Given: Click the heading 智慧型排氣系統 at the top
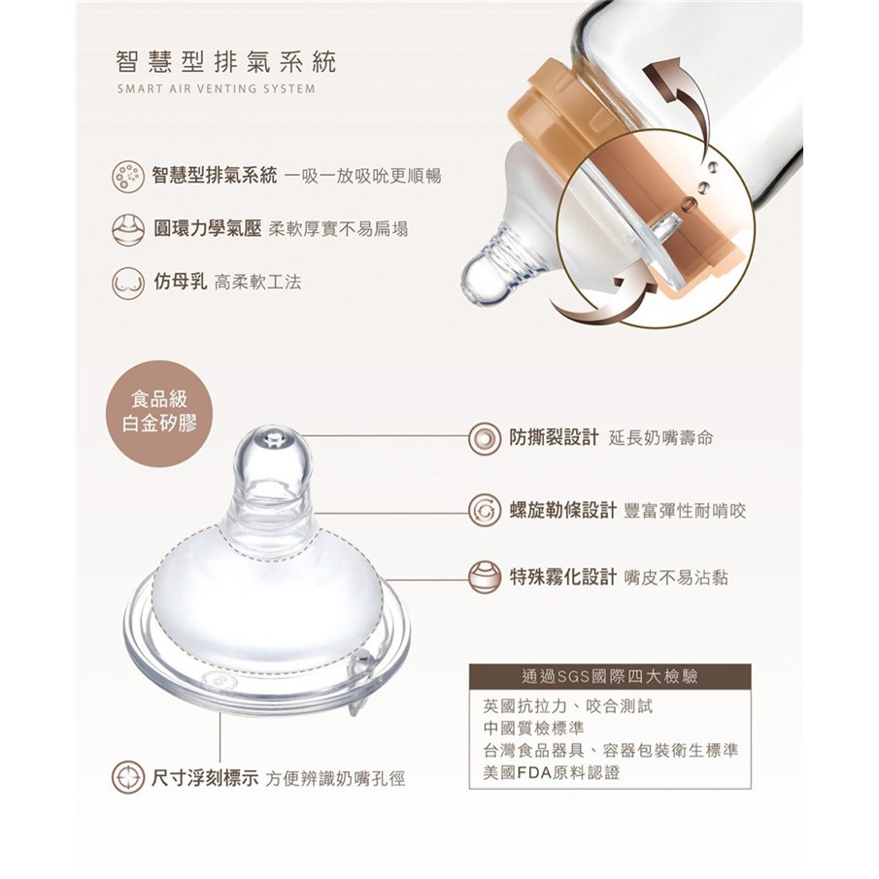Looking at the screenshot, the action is (x=225, y=61).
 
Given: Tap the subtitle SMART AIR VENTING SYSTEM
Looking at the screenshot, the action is (x=217, y=88).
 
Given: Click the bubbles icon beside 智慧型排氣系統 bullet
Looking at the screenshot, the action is (x=128, y=176).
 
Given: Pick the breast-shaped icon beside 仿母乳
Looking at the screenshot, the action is (x=128, y=282).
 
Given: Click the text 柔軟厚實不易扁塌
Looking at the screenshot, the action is (x=338, y=229).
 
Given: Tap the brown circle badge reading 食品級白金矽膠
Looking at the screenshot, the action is (x=159, y=413).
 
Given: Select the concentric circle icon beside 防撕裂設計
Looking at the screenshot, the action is (x=485, y=438).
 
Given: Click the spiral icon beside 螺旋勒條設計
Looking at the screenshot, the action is (x=485, y=510).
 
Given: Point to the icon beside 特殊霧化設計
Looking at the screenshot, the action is (x=485, y=577).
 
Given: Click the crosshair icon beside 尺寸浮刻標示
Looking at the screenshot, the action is (x=128, y=777).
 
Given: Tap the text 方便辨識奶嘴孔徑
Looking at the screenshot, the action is (x=335, y=779).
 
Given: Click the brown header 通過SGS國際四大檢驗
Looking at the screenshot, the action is (x=610, y=677).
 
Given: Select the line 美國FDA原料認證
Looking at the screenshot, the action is (x=552, y=773).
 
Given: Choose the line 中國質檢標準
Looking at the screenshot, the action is (x=533, y=728).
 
